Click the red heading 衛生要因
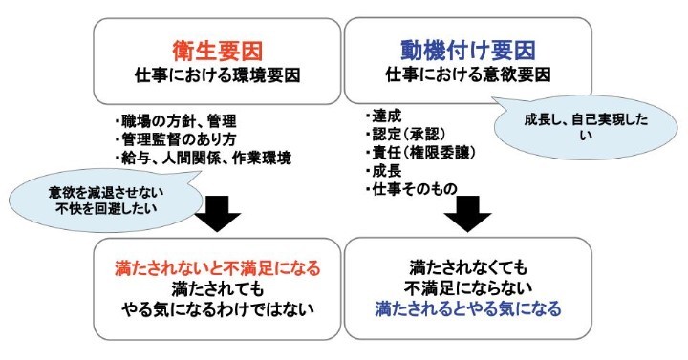coord(218,46)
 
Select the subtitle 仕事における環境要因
coord(218,73)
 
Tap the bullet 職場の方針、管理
coord(175,121)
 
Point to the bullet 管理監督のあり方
coord(175,139)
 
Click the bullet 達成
coord(381,113)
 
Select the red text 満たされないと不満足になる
coord(218,268)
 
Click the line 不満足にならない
coord(467,288)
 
